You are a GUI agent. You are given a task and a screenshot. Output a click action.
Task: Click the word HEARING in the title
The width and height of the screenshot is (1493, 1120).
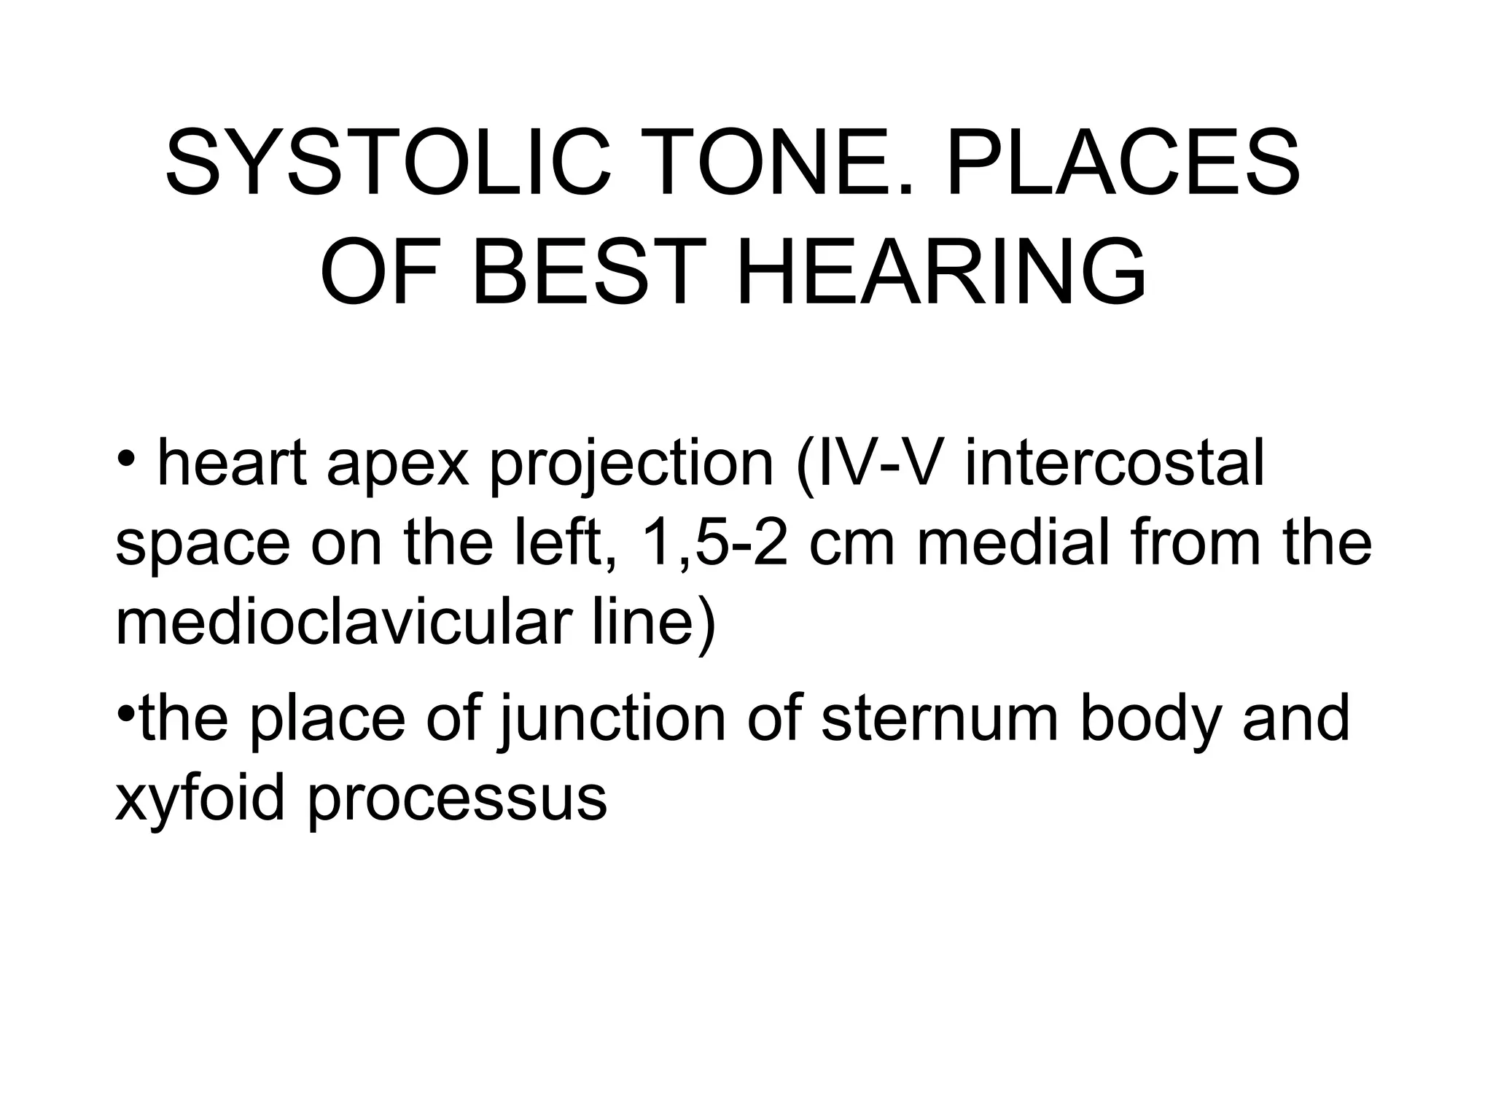(941, 273)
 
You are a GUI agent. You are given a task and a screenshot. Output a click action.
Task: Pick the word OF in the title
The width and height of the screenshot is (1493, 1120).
(379, 273)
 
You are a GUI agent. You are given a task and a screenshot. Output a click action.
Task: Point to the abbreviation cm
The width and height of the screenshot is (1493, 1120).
(851, 545)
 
